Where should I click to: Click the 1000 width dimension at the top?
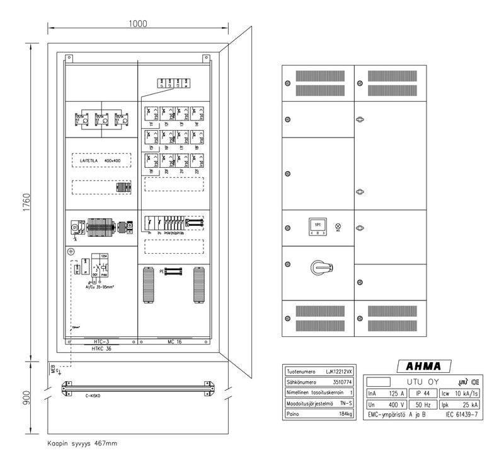coord(138,24)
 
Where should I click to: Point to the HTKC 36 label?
coord(101,348)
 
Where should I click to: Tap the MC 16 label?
coord(175,341)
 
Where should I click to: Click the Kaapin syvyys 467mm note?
coord(82,443)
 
